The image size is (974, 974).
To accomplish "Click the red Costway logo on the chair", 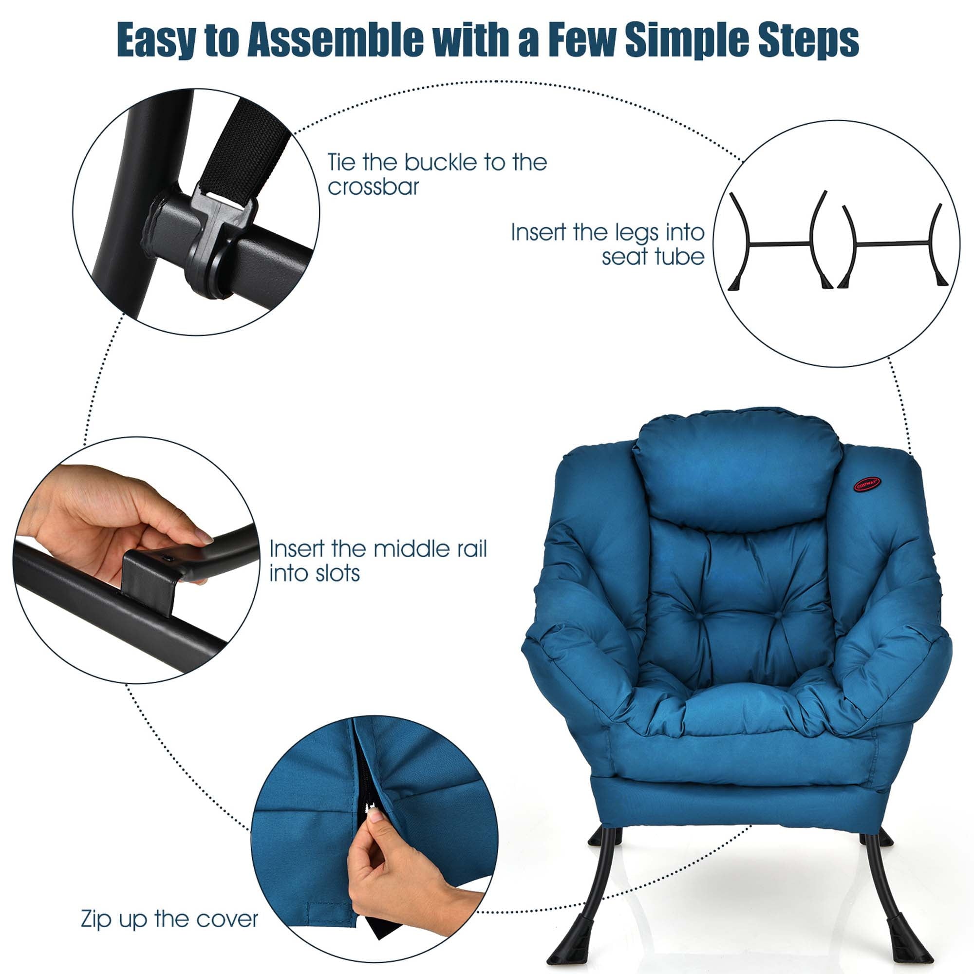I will [867, 485].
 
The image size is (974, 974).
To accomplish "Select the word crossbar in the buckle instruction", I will [373, 187].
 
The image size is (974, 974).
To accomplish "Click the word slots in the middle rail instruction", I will [337, 573].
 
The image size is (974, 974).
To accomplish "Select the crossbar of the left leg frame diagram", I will [779, 244].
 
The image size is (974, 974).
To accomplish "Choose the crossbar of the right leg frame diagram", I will [892, 244].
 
